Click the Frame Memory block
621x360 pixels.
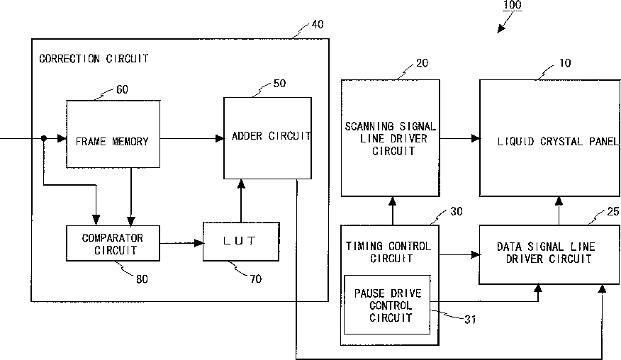(x=113, y=134)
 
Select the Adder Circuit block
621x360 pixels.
(x=267, y=138)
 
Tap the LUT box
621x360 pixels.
(x=241, y=241)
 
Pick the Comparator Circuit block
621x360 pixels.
(x=113, y=243)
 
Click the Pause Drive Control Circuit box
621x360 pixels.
(x=387, y=305)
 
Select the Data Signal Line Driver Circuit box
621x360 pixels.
(x=549, y=254)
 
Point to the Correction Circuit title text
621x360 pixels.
(x=94, y=59)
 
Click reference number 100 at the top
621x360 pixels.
(x=512, y=5)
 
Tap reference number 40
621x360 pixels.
(x=318, y=25)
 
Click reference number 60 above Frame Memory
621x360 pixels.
(x=122, y=89)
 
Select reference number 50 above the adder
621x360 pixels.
(x=279, y=84)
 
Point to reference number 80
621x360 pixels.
(x=142, y=279)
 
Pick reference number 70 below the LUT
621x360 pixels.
(x=256, y=279)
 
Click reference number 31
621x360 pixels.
(x=470, y=320)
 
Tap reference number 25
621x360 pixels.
(x=612, y=212)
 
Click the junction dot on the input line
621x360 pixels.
(x=44, y=138)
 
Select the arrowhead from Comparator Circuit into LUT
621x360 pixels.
(x=199, y=243)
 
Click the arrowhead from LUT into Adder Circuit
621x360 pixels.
(x=241, y=184)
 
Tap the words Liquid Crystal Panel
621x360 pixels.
(x=558, y=142)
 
